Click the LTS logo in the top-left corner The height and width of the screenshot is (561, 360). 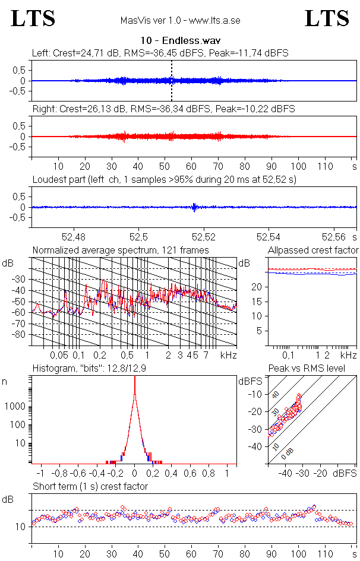pos(33,18)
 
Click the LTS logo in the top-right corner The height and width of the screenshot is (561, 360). pos(326,18)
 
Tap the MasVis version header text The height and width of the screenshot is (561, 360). pos(180,20)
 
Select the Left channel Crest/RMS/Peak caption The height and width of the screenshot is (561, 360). pos(160,53)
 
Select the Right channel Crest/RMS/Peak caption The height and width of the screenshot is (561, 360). pos(163,109)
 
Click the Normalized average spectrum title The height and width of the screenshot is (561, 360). pos(121,250)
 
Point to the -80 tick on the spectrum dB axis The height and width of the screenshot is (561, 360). pos(20,335)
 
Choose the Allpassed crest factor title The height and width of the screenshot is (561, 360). pos(313,250)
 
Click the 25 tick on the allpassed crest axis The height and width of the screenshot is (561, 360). pos(258,272)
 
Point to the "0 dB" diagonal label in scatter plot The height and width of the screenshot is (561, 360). pos(288,453)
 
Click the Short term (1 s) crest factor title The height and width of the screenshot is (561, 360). pos(90,486)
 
